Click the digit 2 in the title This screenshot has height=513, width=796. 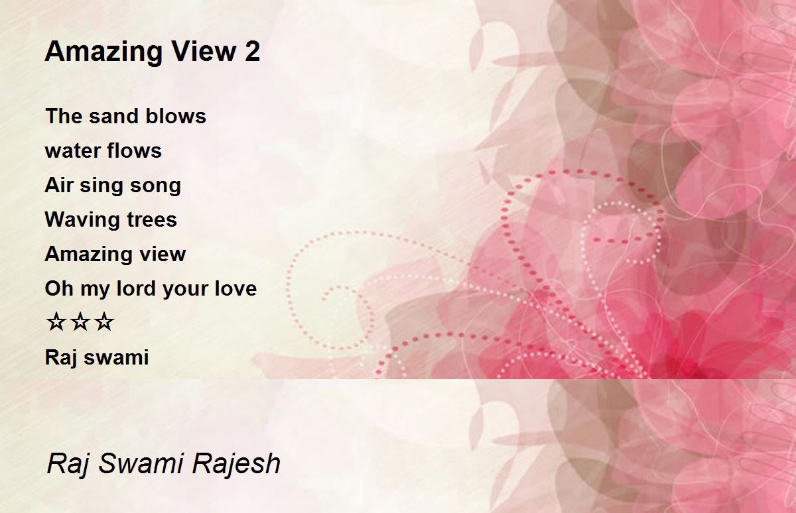tap(252, 52)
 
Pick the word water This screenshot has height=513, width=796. tap(72, 151)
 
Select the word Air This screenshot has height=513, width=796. tap(58, 185)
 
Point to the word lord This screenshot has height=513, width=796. tap(135, 288)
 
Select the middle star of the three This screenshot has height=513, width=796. tap(80, 322)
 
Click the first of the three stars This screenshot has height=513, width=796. tap(56, 322)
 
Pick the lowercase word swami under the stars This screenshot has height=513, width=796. tap(117, 357)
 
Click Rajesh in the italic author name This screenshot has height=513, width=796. tap(236, 464)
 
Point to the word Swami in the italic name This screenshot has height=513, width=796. tap(141, 463)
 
